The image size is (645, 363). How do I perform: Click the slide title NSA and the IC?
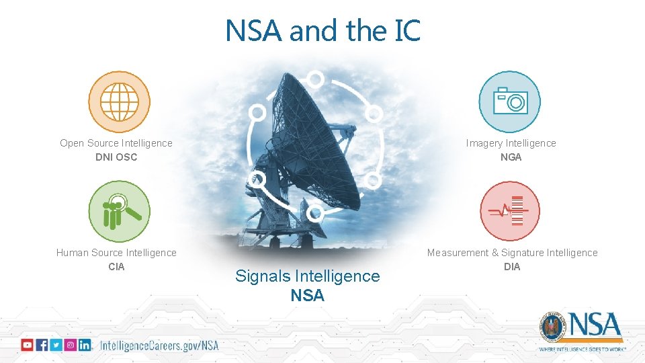coord(322,30)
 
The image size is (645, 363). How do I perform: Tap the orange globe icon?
coord(119,102)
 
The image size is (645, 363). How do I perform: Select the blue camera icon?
coord(510,102)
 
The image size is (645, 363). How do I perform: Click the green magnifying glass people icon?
coord(119,211)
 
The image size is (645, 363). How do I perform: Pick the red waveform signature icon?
coord(510,211)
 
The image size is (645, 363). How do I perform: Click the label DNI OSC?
coord(116,157)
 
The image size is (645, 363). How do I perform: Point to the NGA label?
coord(511,157)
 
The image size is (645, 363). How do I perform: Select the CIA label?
coord(116,267)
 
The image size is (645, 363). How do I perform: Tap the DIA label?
coord(512,267)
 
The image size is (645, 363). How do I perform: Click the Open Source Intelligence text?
coord(116,143)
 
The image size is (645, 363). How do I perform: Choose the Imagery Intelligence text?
coord(511,143)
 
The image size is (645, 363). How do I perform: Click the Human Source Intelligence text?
coord(116,253)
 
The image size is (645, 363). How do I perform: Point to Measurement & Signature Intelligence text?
coord(512,253)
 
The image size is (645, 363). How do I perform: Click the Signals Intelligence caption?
coord(307,276)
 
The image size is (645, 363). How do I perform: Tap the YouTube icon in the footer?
coord(27,345)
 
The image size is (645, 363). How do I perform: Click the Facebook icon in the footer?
coord(42,345)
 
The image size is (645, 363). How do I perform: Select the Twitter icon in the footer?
coord(56,345)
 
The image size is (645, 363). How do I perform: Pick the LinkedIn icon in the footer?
coord(85,345)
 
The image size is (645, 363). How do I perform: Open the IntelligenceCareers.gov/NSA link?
coord(159,346)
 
